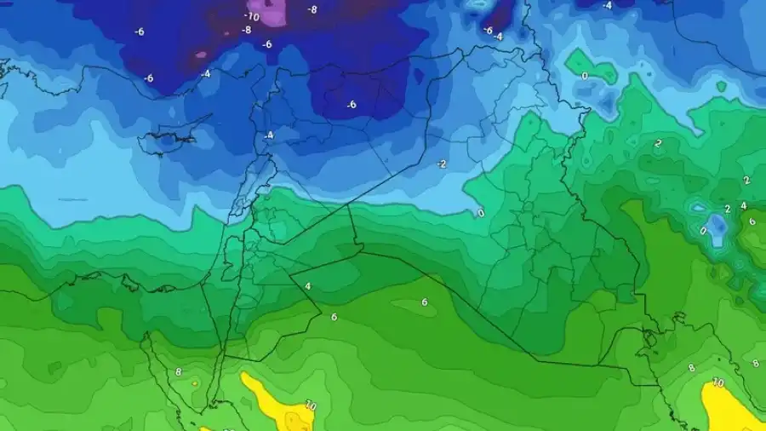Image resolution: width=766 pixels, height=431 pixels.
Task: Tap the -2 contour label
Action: pyautogui.click(x=442, y=164)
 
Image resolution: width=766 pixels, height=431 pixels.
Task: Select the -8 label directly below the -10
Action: pyautogui.click(x=246, y=30)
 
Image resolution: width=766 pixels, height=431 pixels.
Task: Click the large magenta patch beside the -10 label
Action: pyautogui.click(x=273, y=12)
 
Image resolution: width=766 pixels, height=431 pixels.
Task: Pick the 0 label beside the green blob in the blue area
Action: pyautogui.click(x=584, y=76)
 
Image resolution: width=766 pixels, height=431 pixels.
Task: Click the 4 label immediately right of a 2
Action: pyautogui.click(x=743, y=205)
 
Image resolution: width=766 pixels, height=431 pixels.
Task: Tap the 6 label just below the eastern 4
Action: pyautogui.click(x=751, y=221)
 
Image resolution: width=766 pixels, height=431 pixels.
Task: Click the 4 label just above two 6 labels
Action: pyautogui.click(x=307, y=286)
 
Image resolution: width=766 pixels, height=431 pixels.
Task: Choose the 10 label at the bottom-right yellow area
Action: pyautogui.click(x=717, y=383)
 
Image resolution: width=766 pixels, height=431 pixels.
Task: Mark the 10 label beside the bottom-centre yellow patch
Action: pyautogui.click(x=310, y=407)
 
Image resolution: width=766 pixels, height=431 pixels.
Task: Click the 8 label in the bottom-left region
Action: pyautogui.click(x=179, y=372)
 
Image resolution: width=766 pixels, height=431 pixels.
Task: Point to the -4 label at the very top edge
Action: pyautogui.click(x=607, y=5)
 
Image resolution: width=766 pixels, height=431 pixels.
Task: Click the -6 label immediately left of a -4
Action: pyautogui.click(x=488, y=30)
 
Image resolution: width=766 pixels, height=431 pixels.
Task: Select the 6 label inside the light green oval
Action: pyautogui.click(x=424, y=302)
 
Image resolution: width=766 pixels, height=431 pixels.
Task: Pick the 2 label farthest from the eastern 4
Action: pyautogui.click(x=658, y=144)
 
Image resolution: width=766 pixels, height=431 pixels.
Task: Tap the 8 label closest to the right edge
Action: pyautogui.click(x=755, y=364)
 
